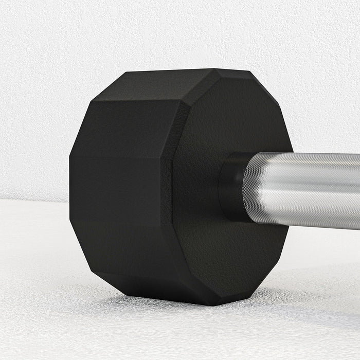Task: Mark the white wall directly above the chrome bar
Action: click(x=324, y=103)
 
